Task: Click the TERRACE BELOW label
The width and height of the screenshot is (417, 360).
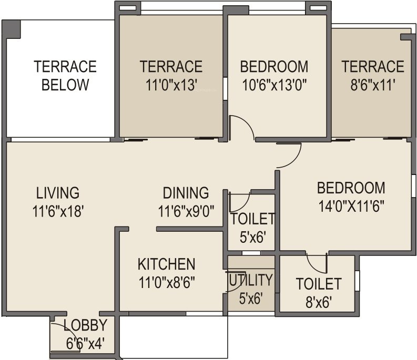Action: [65, 76]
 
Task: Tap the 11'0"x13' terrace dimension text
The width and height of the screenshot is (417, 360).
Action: [171, 85]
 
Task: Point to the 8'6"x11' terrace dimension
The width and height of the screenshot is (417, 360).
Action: [373, 85]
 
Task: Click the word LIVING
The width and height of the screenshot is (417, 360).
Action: [58, 192]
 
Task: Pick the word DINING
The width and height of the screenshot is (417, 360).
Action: [186, 193]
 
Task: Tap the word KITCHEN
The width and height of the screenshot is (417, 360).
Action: [166, 264]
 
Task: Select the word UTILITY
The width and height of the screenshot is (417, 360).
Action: [250, 280]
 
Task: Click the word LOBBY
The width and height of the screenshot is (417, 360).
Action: [85, 325]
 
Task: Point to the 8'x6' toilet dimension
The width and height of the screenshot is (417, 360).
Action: [319, 302]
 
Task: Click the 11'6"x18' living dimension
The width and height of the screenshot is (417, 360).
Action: [58, 211]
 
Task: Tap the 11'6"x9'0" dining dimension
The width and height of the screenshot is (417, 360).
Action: [186, 211]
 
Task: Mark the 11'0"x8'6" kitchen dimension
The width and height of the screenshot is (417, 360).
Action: [166, 282]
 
